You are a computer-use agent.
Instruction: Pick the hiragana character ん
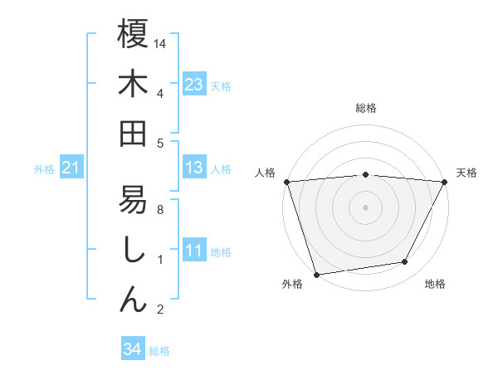click(133, 300)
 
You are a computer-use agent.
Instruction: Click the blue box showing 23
click(194, 84)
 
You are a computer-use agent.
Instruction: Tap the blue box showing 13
click(194, 168)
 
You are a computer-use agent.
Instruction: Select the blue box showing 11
click(194, 251)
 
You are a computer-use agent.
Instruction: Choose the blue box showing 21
click(71, 168)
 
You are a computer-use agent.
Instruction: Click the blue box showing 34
click(132, 349)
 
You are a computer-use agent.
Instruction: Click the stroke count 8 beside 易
click(159, 210)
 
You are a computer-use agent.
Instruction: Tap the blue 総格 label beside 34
click(159, 351)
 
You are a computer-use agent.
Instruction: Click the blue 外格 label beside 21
click(44, 169)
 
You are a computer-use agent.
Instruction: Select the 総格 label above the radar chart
click(366, 108)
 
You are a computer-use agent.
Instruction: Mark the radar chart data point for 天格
click(446, 182)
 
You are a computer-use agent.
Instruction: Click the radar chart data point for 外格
click(316, 274)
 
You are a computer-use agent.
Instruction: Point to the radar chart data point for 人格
click(286, 182)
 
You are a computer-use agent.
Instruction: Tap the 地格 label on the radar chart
click(435, 285)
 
